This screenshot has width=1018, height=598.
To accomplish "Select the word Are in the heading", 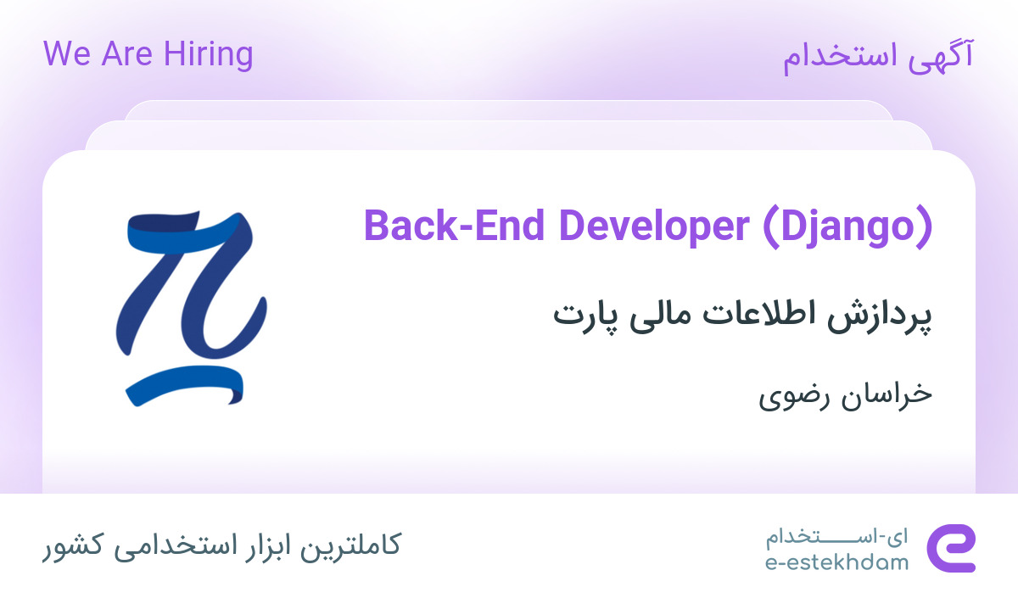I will tap(122, 54).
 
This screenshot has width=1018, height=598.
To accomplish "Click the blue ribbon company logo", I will tap(191, 307).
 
